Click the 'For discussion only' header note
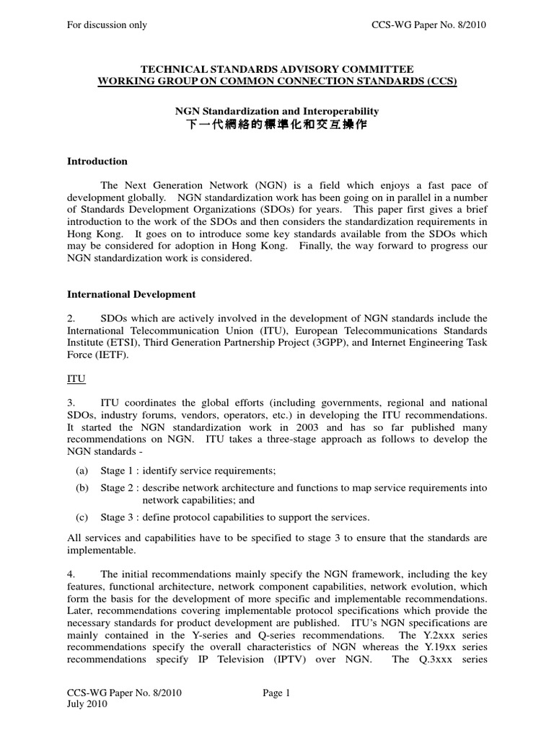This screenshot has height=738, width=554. [x=107, y=25]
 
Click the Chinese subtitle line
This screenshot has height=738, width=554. [x=277, y=125]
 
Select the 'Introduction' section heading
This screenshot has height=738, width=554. [x=97, y=161]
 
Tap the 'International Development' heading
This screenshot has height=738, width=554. [x=131, y=294]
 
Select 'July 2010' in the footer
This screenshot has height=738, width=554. [x=87, y=705]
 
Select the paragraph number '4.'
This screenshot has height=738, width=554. [x=71, y=574]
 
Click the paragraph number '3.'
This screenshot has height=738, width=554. [x=71, y=402]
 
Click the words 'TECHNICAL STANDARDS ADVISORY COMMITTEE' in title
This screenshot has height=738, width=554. [x=277, y=68]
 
